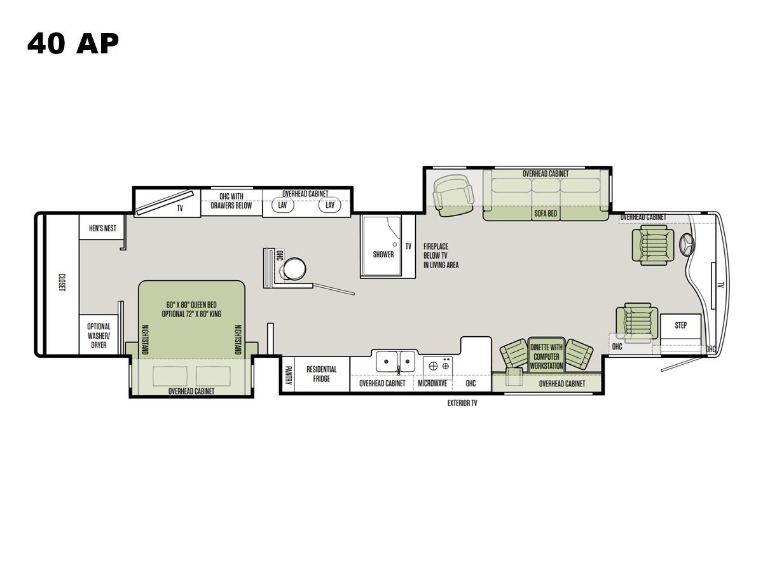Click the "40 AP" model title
pyautogui.click(x=73, y=44)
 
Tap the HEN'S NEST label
pyautogui.click(x=102, y=228)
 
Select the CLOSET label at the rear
pyautogui.click(x=62, y=282)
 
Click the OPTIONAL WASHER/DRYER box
pyautogui.click(x=99, y=335)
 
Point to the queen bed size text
pyautogui.click(x=191, y=310)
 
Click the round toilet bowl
pyautogui.click(x=294, y=269)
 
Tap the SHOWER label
pyautogui.click(x=383, y=254)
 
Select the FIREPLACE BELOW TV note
pyautogui.click(x=441, y=255)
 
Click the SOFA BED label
pyautogui.click(x=546, y=214)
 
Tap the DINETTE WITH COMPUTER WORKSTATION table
pyautogui.click(x=546, y=354)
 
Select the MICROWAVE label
pyautogui.click(x=432, y=383)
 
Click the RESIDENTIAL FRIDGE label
pyautogui.click(x=322, y=374)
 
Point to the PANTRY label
pyautogui.click(x=288, y=375)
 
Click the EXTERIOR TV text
pyautogui.click(x=462, y=403)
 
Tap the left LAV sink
pyautogui.click(x=282, y=205)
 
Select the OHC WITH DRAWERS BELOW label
pyautogui.click(x=231, y=201)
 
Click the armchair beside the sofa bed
pyautogui.click(x=453, y=196)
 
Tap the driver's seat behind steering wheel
pyautogui.click(x=653, y=245)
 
